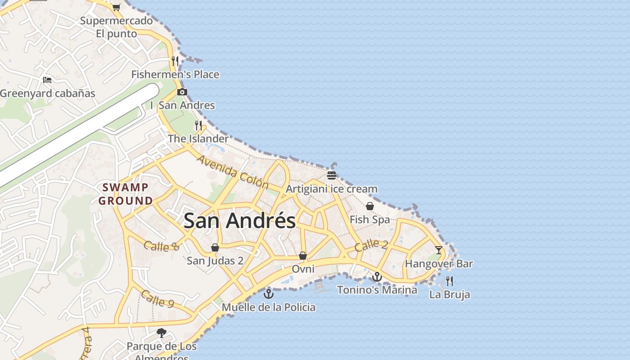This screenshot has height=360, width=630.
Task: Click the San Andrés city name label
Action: pyautogui.click(x=239, y=220)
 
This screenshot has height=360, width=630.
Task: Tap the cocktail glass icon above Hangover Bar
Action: pyautogui.click(x=439, y=250)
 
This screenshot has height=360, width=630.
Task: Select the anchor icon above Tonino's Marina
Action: pyautogui.click(x=377, y=277)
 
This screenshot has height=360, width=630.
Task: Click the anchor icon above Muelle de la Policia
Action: pyautogui.click(x=269, y=294)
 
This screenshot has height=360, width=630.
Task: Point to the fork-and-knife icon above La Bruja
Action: pyautogui.click(x=449, y=281)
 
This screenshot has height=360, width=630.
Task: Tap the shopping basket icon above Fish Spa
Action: pyautogui.click(x=369, y=206)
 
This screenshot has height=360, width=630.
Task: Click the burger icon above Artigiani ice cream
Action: pyautogui.click(x=332, y=175)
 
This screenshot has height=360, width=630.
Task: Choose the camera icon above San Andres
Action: pyautogui.click(x=182, y=92)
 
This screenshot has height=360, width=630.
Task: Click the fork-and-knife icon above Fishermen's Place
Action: pyautogui.click(x=175, y=61)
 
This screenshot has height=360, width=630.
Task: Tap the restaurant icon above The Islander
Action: pyautogui.click(x=198, y=125)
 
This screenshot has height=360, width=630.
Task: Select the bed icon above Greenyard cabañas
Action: pyautogui.click(x=47, y=80)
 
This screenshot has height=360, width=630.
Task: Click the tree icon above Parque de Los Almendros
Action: pyautogui.click(x=161, y=333)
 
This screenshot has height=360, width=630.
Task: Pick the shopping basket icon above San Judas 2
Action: pyautogui.click(x=215, y=247)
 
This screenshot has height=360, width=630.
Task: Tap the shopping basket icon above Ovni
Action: pyautogui.click(x=303, y=256)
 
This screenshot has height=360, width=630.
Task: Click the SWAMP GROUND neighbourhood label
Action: pyautogui.click(x=126, y=194)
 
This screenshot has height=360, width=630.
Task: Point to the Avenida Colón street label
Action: pyautogui.click(x=233, y=172)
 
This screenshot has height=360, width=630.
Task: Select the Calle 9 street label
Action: pyautogui.click(x=157, y=299)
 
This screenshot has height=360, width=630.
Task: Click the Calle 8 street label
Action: pyautogui.click(x=162, y=246)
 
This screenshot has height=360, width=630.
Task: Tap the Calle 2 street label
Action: pyautogui.click(x=371, y=246)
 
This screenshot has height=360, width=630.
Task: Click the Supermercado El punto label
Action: pyautogui.click(x=117, y=27)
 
